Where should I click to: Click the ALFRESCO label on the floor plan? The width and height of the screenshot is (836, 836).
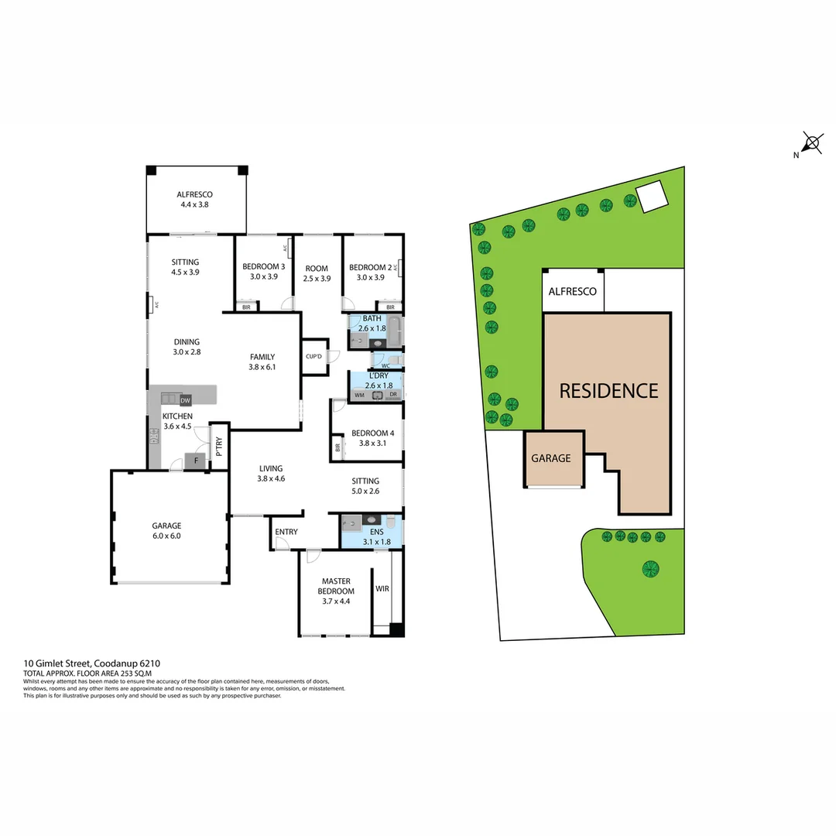click(x=194, y=195)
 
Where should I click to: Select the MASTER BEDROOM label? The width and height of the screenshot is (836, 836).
click(x=336, y=586)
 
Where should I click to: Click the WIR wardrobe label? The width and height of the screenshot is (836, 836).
click(x=382, y=588)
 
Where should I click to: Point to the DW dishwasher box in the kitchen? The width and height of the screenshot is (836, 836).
click(x=185, y=400)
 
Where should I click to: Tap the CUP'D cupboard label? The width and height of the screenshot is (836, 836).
click(x=313, y=357)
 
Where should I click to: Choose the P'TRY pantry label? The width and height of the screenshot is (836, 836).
click(x=219, y=446)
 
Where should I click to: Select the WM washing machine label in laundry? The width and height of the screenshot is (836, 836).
click(x=359, y=395)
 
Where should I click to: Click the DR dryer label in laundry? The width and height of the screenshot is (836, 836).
click(x=393, y=395)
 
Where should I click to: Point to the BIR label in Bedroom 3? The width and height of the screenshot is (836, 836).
click(x=246, y=307)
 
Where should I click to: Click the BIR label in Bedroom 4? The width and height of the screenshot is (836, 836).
click(x=337, y=447)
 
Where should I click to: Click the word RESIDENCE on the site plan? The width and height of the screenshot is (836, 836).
click(x=608, y=391)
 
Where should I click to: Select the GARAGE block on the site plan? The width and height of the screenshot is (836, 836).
click(x=550, y=458)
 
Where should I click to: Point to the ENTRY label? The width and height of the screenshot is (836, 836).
click(x=286, y=532)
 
